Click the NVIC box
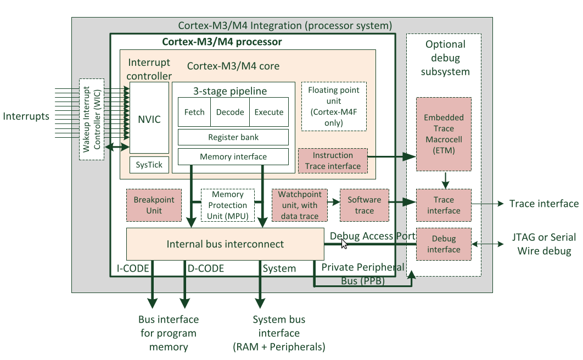click(149, 119)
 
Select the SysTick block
click(149, 165)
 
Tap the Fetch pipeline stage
click(194, 112)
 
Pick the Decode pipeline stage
click(230, 112)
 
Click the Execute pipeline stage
click(269, 112)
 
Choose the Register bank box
click(233, 137)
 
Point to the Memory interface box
click(233, 156)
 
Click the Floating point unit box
click(333, 106)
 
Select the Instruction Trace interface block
click(333, 161)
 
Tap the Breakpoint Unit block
click(154, 205)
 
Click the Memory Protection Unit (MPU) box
click(228, 205)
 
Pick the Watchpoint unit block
click(299, 205)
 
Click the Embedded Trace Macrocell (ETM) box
click(444, 134)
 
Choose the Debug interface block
click(444, 244)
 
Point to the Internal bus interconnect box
click(225, 244)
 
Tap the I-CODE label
click(130, 268)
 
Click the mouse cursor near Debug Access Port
click(344, 244)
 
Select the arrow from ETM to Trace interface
click(446, 179)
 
